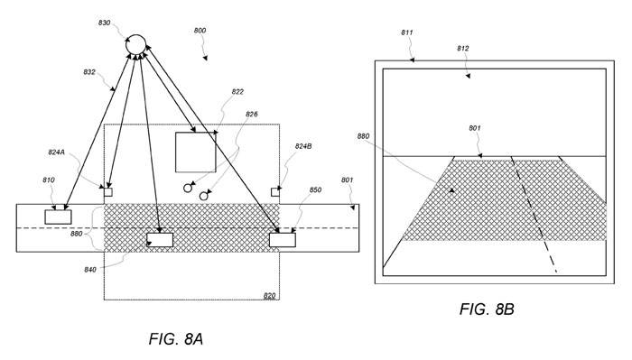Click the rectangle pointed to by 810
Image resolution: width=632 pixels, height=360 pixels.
[x=58, y=217]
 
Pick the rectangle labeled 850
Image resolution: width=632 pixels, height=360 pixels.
[x=282, y=240]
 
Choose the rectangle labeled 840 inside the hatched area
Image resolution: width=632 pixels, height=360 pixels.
[x=160, y=240]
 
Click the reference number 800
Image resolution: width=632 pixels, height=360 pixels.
[x=200, y=31]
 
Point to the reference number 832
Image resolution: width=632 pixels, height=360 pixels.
[x=89, y=72]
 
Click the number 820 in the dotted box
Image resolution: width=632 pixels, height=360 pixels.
[x=269, y=296]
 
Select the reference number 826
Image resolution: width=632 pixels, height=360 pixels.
[x=252, y=115]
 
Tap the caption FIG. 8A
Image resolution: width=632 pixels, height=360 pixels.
[x=176, y=339]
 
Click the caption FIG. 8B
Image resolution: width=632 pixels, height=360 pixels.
[x=487, y=309]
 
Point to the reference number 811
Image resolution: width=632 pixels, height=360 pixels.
[x=407, y=32]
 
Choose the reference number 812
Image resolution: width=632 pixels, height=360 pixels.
[x=463, y=49]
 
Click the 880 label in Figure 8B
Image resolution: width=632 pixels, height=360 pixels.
[x=363, y=136]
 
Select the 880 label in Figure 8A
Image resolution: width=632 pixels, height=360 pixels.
[x=76, y=234]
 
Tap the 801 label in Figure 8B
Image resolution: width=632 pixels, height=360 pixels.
[x=475, y=128]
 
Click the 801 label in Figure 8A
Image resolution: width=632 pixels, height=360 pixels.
[x=347, y=180]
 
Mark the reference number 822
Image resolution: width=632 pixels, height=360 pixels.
[x=237, y=92]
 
